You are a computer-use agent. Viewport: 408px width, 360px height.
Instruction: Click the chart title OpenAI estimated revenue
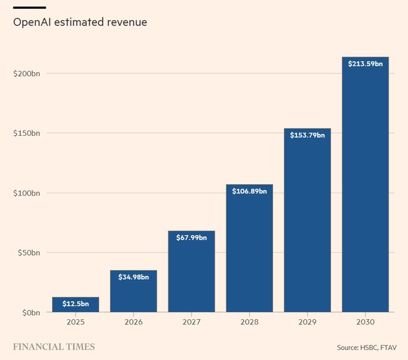point(80,23)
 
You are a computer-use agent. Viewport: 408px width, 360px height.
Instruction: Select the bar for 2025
point(75,304)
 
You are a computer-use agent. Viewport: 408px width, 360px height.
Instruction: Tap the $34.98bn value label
point(134,277)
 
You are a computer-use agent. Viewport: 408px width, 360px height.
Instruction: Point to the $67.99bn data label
point(191,238)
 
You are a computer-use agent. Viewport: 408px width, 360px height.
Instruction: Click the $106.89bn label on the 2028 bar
point(249,191)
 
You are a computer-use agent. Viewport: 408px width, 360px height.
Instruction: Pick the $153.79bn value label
point(307,135)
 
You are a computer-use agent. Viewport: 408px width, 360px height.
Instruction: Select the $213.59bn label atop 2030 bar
point(365,64)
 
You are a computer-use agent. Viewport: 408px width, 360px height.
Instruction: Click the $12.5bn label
point(75,304)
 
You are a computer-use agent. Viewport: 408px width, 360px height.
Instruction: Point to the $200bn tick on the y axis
point(27,73)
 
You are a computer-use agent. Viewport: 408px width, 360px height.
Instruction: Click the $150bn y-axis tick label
point(27,133)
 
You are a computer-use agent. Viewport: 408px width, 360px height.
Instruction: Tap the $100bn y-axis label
point(27,193)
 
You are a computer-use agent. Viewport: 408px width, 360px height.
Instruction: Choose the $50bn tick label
point(28,253)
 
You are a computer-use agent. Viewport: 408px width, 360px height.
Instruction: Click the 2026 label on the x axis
point(134,322)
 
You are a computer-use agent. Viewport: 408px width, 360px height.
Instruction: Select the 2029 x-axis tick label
point(307,322)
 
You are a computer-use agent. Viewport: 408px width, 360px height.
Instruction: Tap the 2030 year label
point(365,322)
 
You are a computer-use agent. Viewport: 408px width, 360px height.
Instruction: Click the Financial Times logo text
point(54,346)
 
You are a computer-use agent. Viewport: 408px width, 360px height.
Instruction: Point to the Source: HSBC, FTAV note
point(367,347)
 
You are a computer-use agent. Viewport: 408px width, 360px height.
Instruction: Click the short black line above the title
point(30,7)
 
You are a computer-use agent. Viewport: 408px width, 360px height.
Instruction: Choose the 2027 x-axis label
point(191,322)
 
